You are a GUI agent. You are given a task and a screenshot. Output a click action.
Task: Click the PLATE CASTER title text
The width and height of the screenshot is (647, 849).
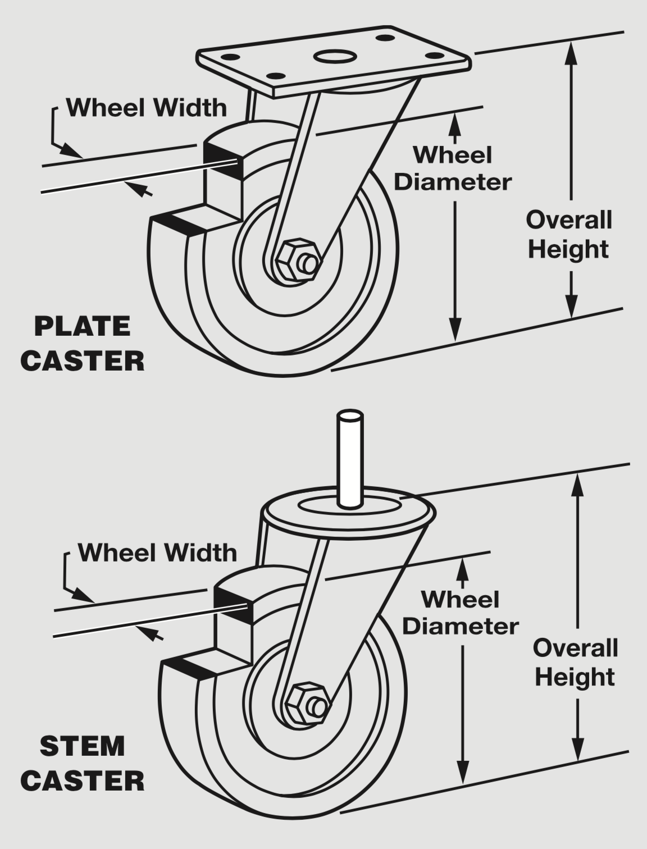tap(83, 344)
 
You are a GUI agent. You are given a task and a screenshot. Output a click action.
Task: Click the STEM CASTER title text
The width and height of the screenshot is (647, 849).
tap(83, 764)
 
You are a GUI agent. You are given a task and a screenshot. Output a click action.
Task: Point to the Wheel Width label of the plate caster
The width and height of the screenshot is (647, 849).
tap(147, 107)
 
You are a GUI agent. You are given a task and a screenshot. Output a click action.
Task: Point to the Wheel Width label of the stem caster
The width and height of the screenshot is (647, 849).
tap(157, 553)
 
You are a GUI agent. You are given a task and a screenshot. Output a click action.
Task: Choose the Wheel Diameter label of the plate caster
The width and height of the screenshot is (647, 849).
tap(453, 168)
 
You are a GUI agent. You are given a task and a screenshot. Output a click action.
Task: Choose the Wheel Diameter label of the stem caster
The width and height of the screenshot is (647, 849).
tap(461, 613)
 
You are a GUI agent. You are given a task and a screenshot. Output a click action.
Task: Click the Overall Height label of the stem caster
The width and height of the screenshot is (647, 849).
tap(575, 663)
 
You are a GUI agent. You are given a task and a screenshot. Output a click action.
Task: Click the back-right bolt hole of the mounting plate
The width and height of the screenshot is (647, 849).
tap(385, 38)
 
